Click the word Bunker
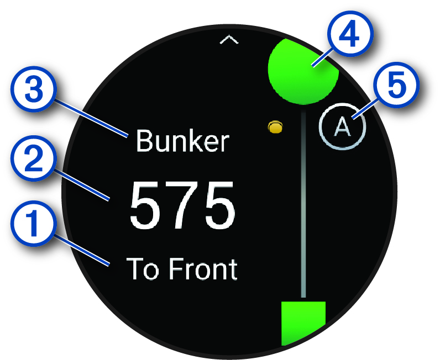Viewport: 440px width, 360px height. tap(182, 142)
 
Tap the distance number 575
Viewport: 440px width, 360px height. tap(182, 204)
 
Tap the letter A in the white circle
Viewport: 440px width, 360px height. tap(343, 128)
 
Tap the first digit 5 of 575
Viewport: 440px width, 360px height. tap(146, 204)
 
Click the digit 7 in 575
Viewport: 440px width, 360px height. tap(182, 204)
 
